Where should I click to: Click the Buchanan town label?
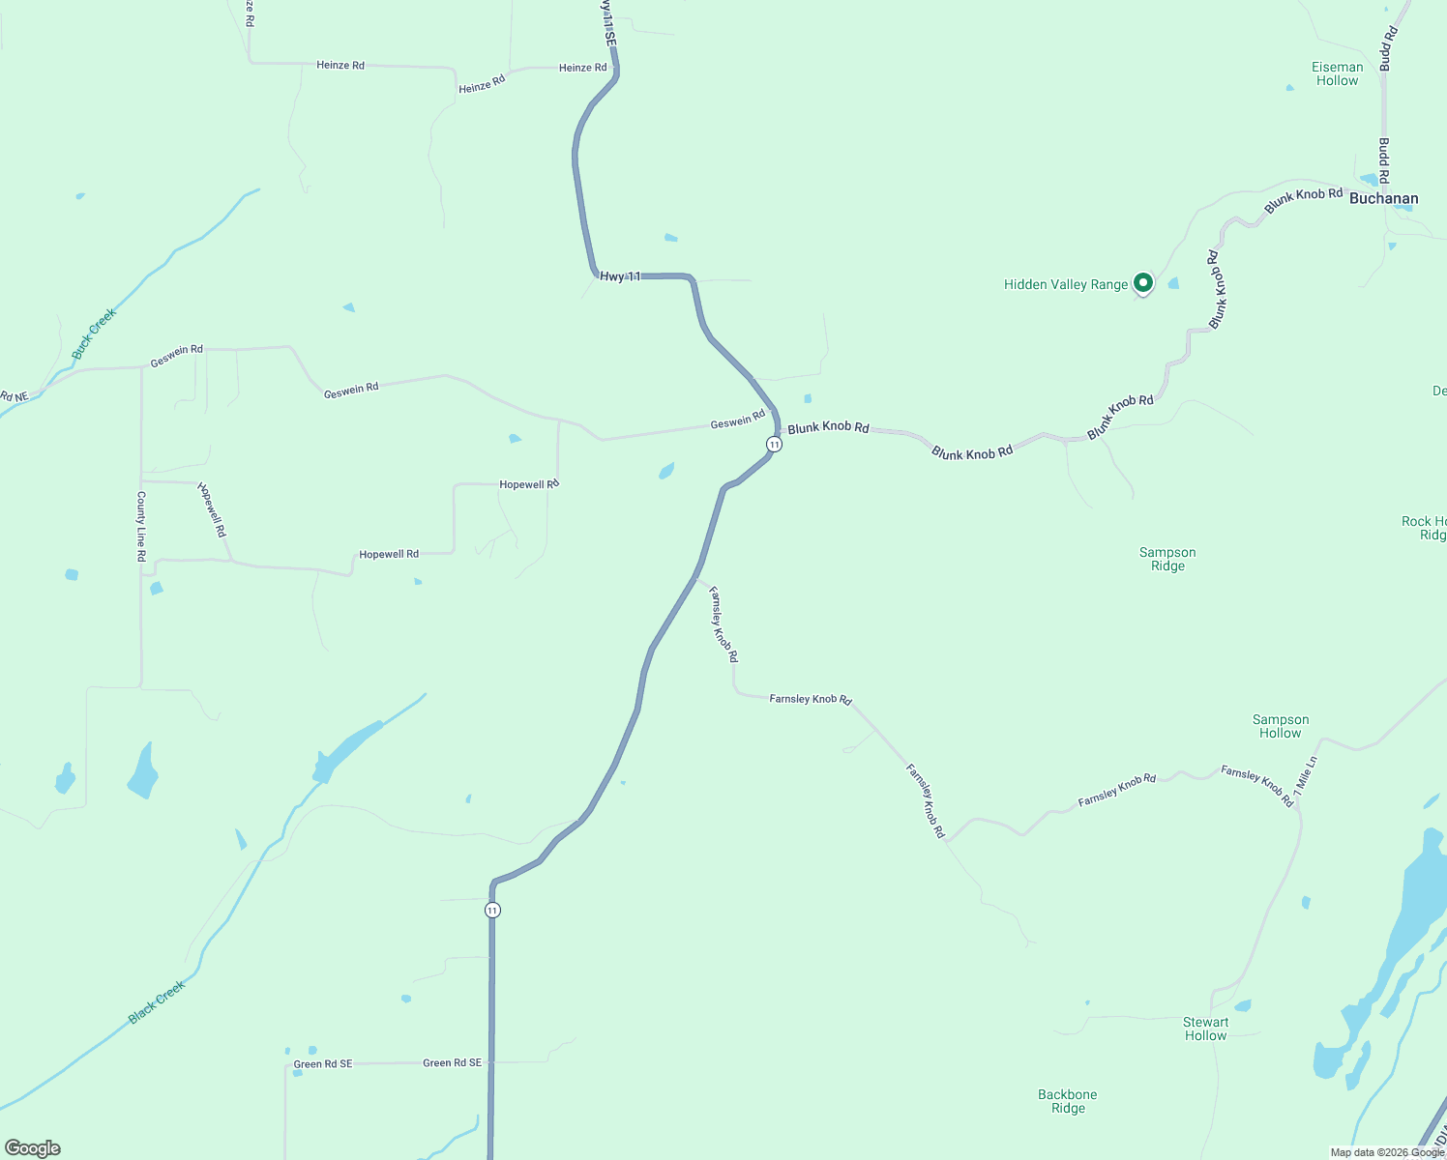coord(1383,198)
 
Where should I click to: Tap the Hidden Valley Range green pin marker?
coord(1142,282)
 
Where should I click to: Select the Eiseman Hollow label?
coord(1337,73)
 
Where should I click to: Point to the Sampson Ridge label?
coord(1167,559)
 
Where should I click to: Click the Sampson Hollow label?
coord(1280,726)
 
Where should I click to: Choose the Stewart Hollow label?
coord(1205,1029)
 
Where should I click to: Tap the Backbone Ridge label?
coord(1068,1101)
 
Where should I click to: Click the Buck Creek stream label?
coord(94,333)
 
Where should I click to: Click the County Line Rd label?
coord(141,527)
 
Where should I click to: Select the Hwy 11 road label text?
coord(620,276)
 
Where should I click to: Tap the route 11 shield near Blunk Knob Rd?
coord(774,444)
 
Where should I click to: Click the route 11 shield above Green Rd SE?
coord(492,910)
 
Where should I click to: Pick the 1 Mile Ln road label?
coord(1305,775)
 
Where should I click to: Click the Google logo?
coord(33,1148)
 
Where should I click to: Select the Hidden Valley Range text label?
coord(1066,284)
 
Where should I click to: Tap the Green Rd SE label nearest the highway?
coord(452,1062)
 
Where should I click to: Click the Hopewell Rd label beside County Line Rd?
coord(212,509)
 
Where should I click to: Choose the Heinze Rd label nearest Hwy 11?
coord(582,68)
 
